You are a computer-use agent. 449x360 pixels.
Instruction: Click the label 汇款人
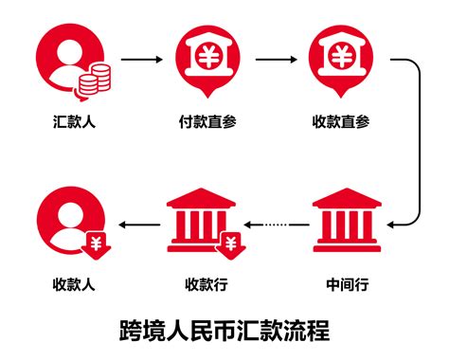73,122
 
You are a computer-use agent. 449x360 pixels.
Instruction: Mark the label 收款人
73,282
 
